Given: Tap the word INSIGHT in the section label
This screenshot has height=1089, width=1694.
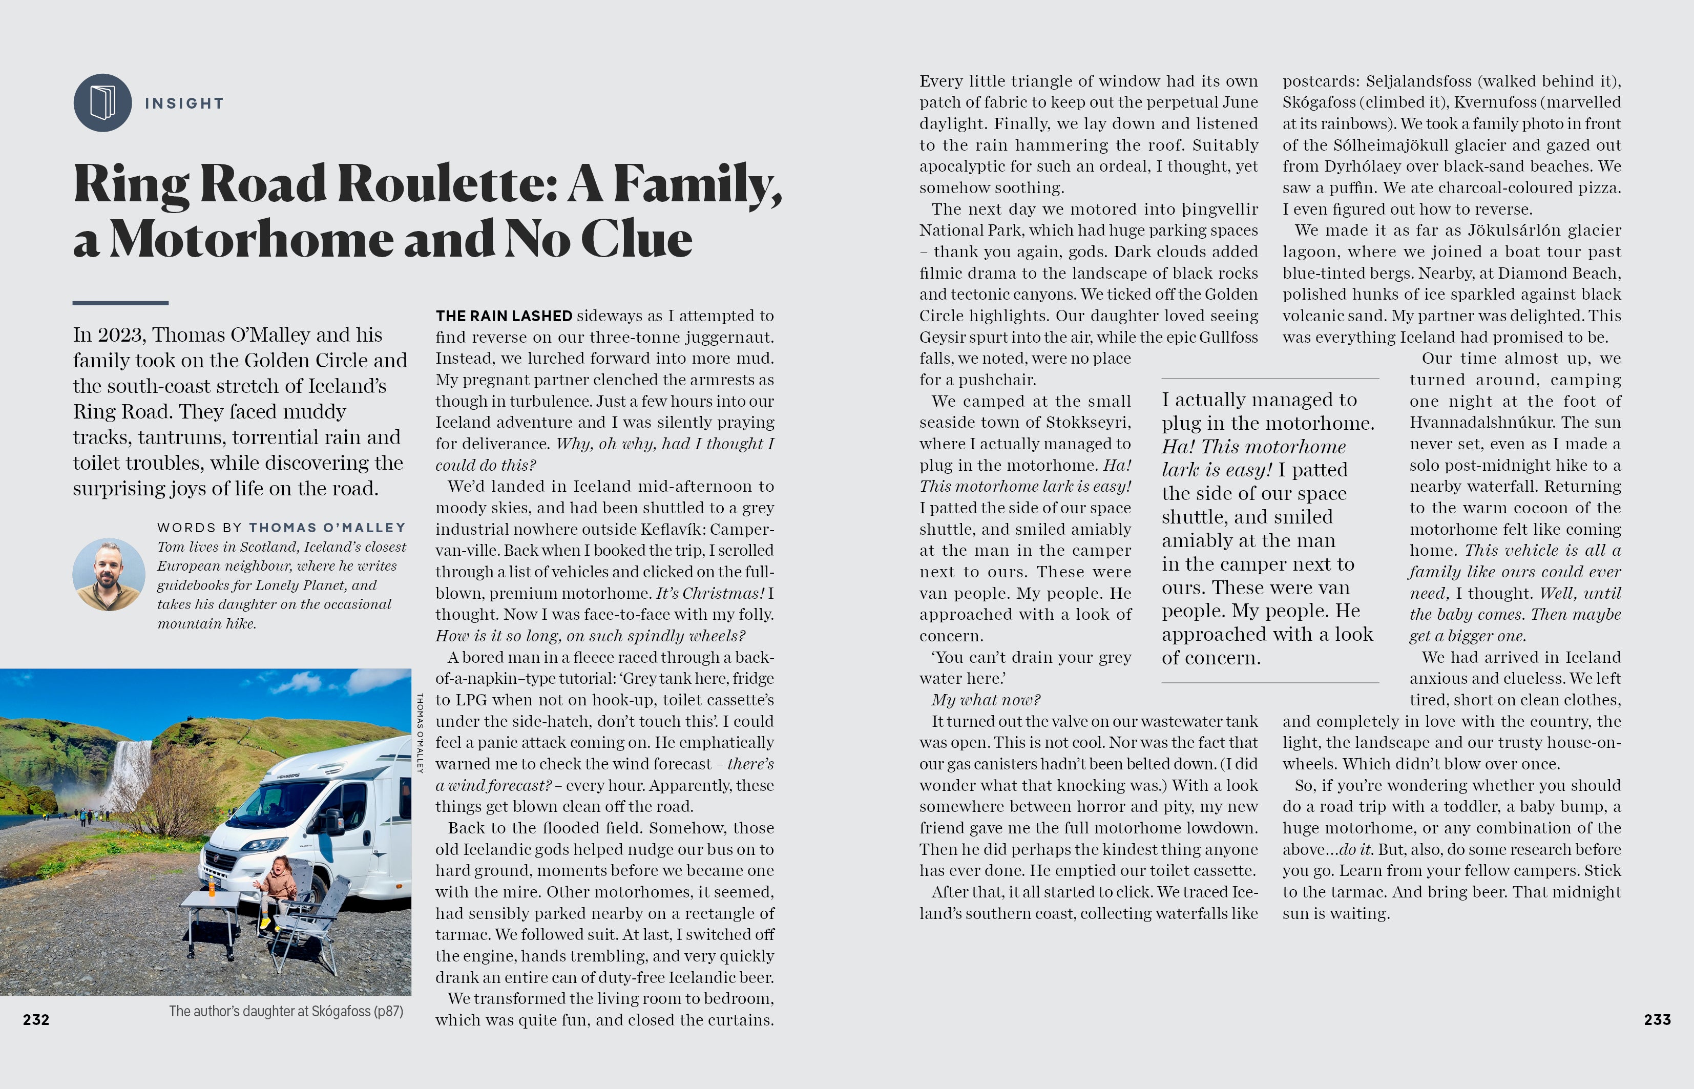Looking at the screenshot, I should [x=184, y=103].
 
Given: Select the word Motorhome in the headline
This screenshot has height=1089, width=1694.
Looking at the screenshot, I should [x=251, y=239].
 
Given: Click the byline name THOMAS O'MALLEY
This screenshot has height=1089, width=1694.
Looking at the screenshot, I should [x=327, y=528].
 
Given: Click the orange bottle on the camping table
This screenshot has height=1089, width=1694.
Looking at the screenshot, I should [x=212, y=887].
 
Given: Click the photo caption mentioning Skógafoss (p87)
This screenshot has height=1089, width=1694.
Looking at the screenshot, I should [x=286, y=1011].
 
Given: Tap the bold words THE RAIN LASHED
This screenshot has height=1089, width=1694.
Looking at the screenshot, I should [x=504, y=316].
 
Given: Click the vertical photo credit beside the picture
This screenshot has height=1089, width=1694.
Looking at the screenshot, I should [x=420, y=732].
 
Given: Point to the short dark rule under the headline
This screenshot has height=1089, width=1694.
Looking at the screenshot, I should [x=120, y=303].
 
